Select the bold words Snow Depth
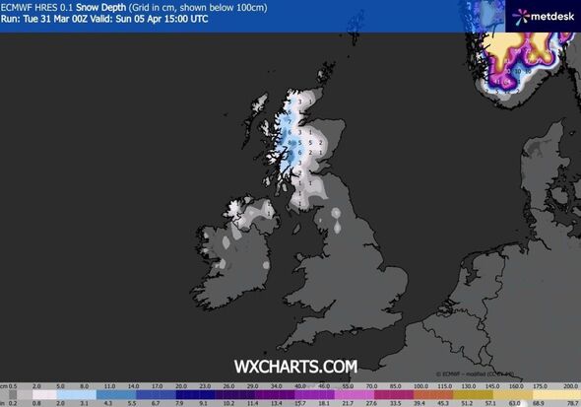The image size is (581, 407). (x=115, y=6)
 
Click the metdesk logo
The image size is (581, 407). (x=540, y=15)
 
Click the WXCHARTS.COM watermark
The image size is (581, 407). (x=295, y=366)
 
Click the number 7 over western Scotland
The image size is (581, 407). (x=289, y=123)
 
